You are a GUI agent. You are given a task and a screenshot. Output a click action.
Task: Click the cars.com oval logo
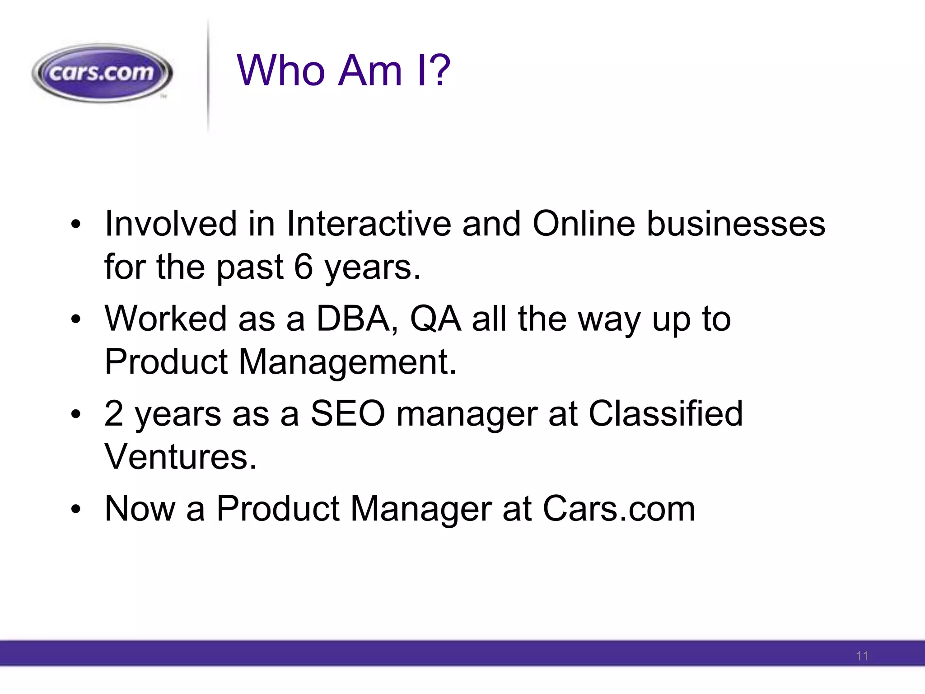click(102, 73)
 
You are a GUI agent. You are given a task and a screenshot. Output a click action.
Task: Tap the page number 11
click(862, 656)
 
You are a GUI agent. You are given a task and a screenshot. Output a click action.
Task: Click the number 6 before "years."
click(304, 267)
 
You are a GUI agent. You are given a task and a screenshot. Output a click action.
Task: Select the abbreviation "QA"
click(435, 319)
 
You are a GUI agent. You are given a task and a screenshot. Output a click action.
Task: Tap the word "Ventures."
click(181, 457)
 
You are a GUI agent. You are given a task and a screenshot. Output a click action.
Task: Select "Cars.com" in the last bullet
click(619, 509)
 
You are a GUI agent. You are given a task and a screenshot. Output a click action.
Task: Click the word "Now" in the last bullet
click(140, 509)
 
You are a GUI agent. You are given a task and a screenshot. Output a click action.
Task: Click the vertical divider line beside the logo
click(208, 75)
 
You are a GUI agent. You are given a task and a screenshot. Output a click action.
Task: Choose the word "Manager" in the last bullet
click(421, 509)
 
